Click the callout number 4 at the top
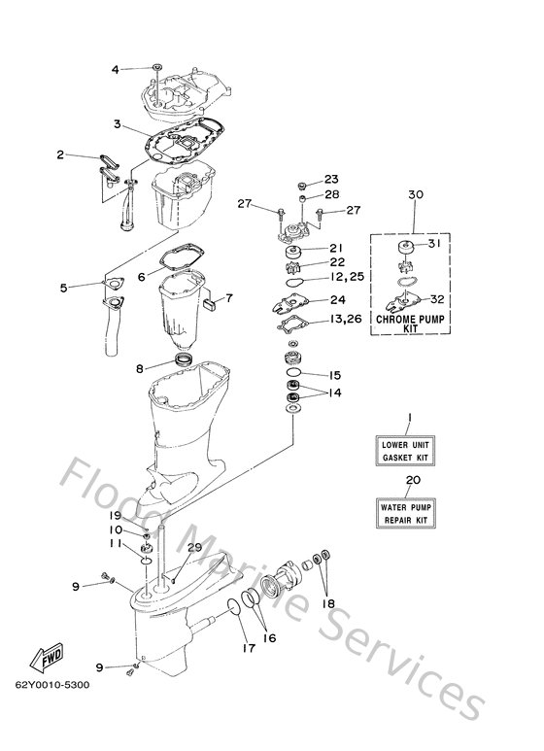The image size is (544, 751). click(116, 69)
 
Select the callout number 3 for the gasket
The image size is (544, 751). click(116, 124)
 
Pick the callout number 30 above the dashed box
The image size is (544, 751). click(415, 195)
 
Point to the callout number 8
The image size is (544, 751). click(140, 368)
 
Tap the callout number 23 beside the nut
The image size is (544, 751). click(332, 179)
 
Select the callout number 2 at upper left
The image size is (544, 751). click(60, 155)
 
